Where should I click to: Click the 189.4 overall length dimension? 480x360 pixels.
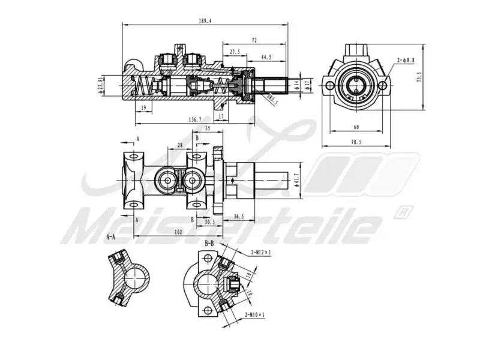(x=205, y=21)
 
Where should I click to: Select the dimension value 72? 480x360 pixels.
(x=254, y=40)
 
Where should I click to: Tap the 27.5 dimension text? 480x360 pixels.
(x=235, y=52)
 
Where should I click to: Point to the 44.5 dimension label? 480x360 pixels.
(x=266, y=57)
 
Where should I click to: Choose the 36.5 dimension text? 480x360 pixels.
(x=238, y=216)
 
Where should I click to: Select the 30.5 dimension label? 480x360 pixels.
(x=209, y=221)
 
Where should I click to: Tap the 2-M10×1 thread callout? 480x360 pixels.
(x=254, y=314)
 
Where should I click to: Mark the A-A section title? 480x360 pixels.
(x=110, y=236)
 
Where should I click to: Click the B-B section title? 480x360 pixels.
(x=209, y=244)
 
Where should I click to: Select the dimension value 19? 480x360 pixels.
(x=142, y=107)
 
